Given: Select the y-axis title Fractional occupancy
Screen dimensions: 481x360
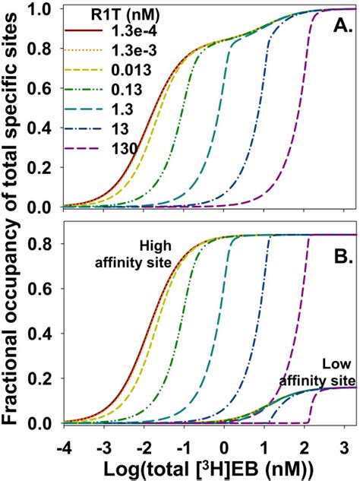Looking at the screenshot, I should pyautogui.click(x=17, y=228).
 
